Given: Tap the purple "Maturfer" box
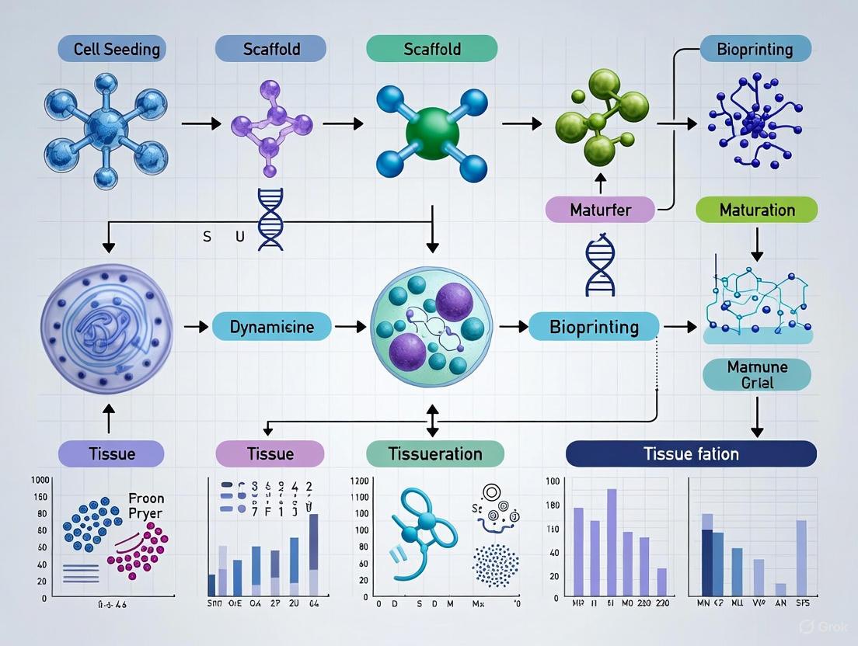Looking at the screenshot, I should click(x=599, y=210).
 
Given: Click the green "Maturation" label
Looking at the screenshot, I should click(x=756, y=210).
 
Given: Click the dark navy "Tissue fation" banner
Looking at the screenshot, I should click(x=691, y=453).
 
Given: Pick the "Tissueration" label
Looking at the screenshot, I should click(x=434, y=453).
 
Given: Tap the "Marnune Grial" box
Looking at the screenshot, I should click(x=756, y=375).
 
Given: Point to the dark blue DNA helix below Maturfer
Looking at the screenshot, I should click(x=599, y=266).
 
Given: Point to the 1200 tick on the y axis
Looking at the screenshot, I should click(x=359, y=481).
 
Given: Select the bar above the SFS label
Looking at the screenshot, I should click(x=800, y=557).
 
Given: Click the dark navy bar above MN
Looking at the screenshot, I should click(x=706, y=562).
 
